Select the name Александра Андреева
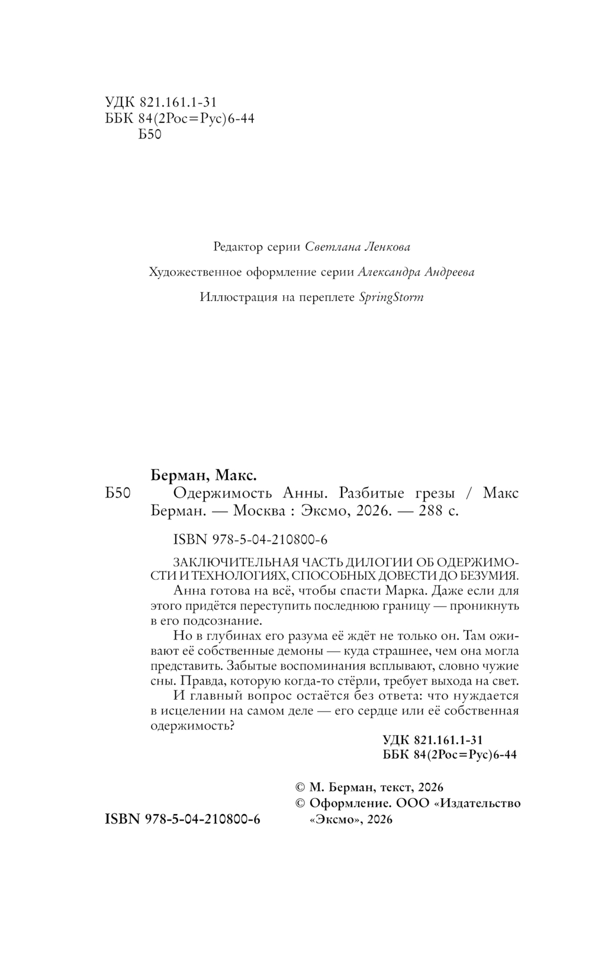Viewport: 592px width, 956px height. click(x=416, y=272)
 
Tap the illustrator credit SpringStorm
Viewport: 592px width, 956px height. click(x=391, y=297)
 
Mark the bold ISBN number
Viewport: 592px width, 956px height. click(x=182, y=819)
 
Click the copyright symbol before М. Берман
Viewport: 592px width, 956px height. click(x=300, y=788)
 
